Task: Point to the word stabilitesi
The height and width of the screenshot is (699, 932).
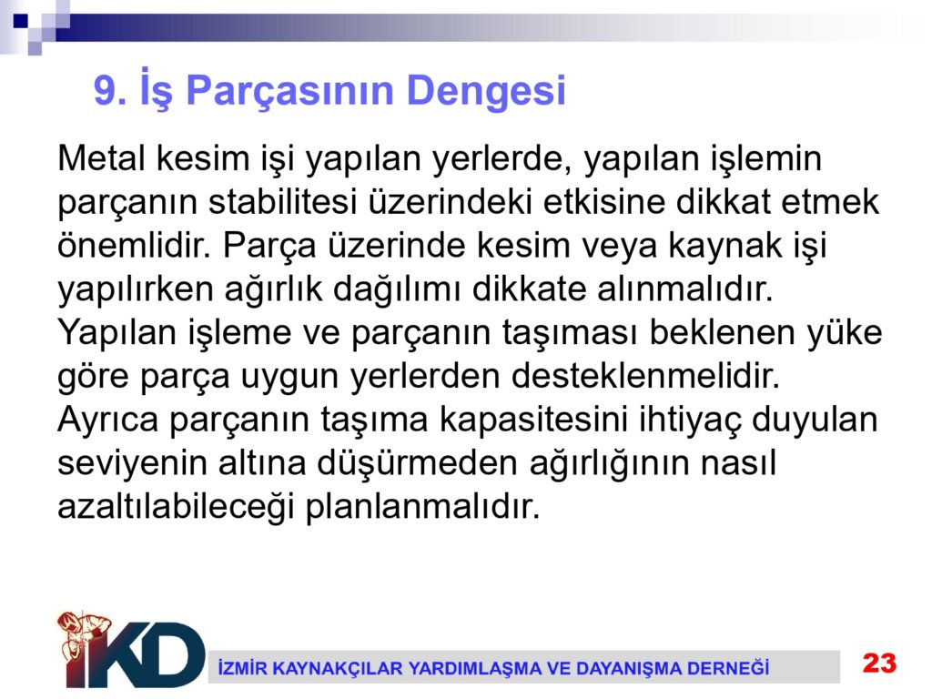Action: [x=282, y=201]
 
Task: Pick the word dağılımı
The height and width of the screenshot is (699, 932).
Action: [x=397, y=289]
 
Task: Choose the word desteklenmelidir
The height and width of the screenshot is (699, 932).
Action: [x=645, y=375]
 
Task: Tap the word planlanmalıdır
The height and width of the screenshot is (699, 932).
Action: [x=422, y=506]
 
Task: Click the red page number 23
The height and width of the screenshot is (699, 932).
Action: [x=880, y=663]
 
